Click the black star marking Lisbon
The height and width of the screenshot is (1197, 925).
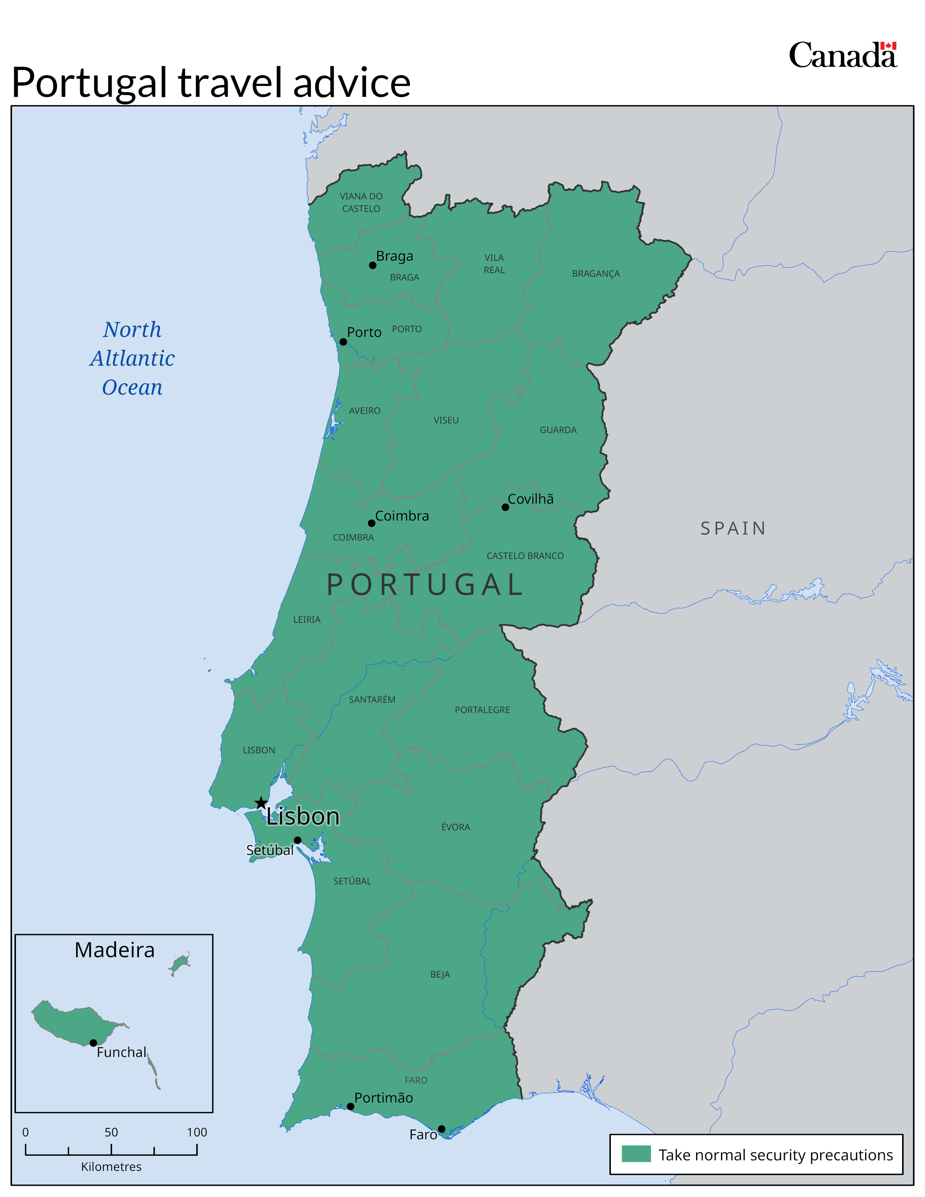pos(261,803)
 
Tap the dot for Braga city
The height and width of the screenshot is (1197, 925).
pos(373,265)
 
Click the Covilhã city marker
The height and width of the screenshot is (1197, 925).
pos(505,507)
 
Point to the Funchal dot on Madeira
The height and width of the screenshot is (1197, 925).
pos(93,1043)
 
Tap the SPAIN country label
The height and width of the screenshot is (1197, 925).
pos(733,528)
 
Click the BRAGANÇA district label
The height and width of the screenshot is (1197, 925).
pos(596,273)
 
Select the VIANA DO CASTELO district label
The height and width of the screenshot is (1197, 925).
pos(361,202)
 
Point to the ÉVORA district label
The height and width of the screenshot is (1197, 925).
pos(455,827)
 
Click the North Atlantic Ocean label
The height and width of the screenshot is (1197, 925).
pos(132,358)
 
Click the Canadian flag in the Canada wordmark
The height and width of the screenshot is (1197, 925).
pos(888,46)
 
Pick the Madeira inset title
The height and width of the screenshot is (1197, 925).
pos(115,950)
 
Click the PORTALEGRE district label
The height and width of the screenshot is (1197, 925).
pos(482,710)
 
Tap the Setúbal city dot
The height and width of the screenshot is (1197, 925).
pos(297,840)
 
